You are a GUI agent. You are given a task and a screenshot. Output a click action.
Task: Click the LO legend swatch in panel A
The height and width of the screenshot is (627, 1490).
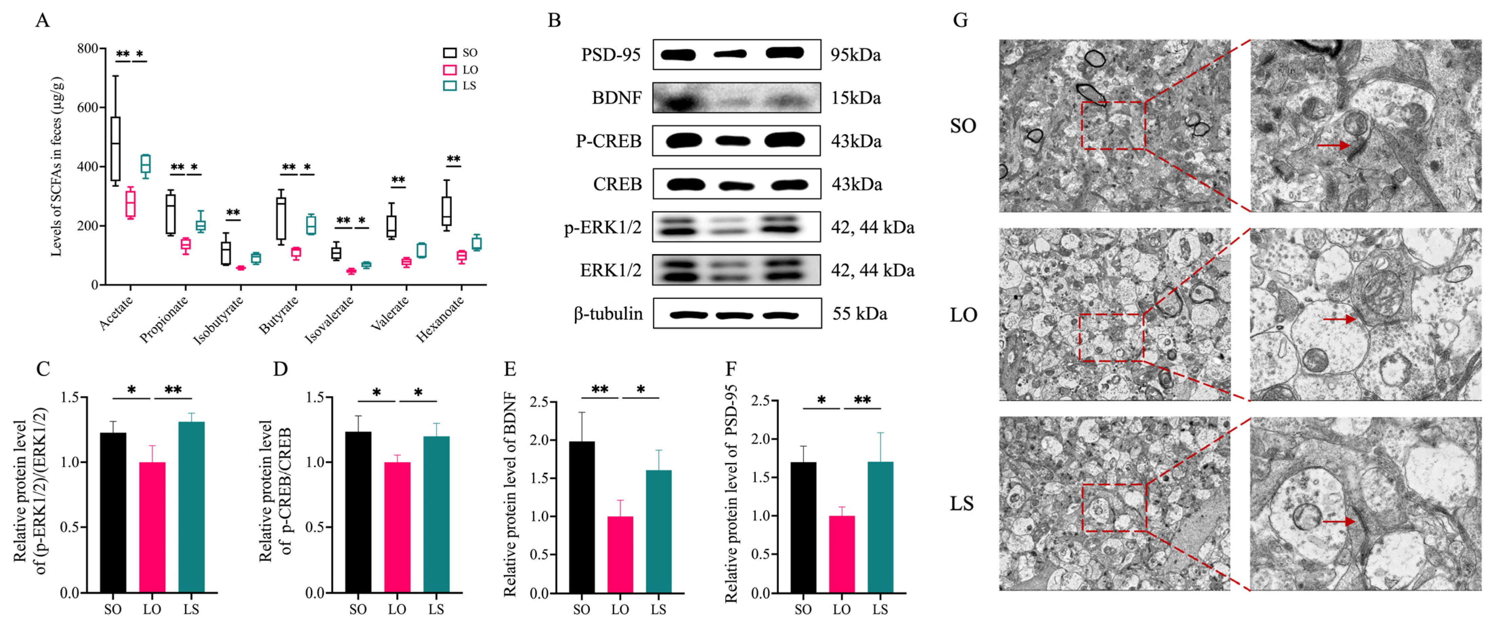point(449,69)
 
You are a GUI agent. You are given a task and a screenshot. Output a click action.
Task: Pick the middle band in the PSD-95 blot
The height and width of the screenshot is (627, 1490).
point(730,54)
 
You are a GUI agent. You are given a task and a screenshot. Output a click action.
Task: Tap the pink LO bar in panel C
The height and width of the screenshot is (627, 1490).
point(152,527)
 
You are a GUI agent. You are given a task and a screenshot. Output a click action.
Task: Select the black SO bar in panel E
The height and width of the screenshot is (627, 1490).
point(581,517)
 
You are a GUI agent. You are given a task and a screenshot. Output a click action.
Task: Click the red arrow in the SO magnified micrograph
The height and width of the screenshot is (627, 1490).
point(1333,145)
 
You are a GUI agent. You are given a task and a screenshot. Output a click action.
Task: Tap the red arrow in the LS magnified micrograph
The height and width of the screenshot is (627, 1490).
point(1338,522)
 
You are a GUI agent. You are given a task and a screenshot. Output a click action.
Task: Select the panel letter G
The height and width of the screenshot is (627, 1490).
point(960,20)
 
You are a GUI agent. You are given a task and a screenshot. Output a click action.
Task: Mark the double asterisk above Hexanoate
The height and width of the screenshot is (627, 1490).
point(453,159)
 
